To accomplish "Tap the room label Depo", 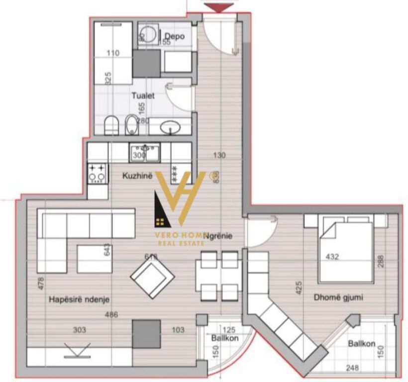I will (175, 36).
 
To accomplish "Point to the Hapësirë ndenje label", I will (79, 299).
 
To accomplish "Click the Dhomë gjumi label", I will (338, 297).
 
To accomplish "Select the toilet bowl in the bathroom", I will (112, 125).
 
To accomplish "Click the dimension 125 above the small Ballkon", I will (228, 329).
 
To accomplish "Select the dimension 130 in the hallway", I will (219, 155).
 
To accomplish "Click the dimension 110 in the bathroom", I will (113, 53).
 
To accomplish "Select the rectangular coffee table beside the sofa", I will (94, 259).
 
